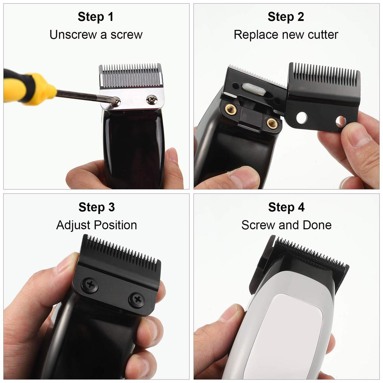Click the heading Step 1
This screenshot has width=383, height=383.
(x=95, y=17)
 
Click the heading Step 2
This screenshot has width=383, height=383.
(x=286, y=17)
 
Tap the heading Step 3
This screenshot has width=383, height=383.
(x=96, y=207)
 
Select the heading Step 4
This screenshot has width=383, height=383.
(x=286, y=207)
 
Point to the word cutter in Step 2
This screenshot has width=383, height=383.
(x=321, y=35)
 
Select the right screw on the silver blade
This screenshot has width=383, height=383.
(x=151, y=99)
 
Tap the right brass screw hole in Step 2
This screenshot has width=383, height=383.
(x=272, y=123)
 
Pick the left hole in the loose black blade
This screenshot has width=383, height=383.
(x=301, y=118)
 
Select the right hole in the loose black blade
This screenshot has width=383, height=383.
(x=340, y=121)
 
